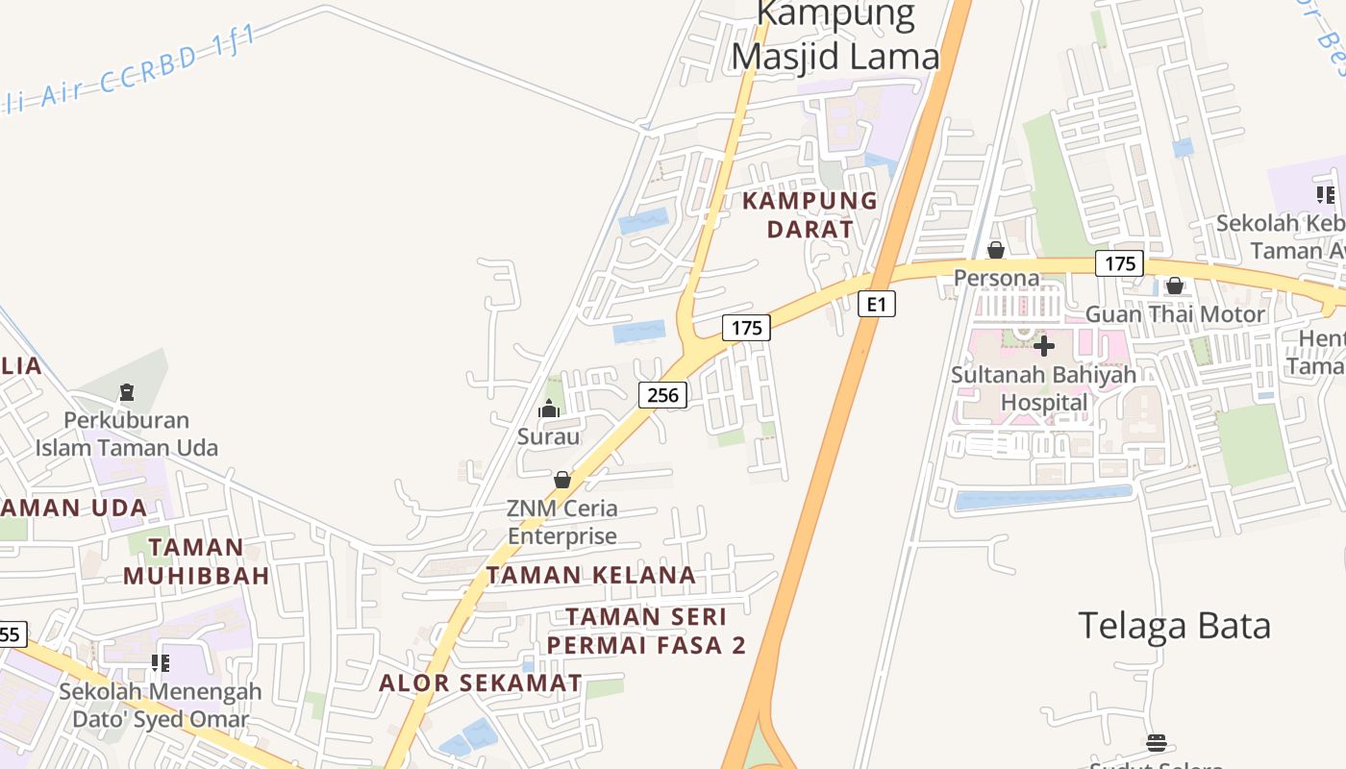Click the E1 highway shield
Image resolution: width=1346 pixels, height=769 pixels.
[x=876, y=304]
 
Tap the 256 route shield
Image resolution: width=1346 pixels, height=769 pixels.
[x=662, y=394]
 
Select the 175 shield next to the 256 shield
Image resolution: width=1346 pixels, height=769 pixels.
[x=746, y=328]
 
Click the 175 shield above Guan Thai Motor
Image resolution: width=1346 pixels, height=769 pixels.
[x=1118, y=263]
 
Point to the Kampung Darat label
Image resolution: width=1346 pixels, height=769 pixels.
[x=810, y=214]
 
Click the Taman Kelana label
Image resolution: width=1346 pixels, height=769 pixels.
[x=590, y=575]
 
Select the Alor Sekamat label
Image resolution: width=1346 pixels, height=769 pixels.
[x=480, y=682]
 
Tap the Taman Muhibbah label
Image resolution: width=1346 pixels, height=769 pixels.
[x=196, y=561]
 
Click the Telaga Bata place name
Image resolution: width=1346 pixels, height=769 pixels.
[x=1174, y=626]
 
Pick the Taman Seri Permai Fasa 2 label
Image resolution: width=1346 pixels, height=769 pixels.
[x=646, y=631]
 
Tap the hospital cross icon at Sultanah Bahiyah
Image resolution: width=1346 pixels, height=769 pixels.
[x=1043, y=345]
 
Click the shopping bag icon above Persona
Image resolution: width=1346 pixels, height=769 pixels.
[x=996, y=251]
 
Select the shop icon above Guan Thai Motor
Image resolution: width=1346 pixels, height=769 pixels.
[x=1174, y=285]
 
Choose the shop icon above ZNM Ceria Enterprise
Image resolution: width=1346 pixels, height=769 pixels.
[x=562, y=479]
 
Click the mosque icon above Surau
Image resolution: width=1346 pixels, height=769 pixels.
[x=549, y=409]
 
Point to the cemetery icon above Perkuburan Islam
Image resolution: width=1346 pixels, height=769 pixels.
[x=126, y=392]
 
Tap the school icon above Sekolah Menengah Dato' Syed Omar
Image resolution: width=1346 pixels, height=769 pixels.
[x=160, y=663]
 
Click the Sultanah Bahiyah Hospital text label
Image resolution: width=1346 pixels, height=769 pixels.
[x=1043, y=388]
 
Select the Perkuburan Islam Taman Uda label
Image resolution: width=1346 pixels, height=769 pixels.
[x=127, y=434]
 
